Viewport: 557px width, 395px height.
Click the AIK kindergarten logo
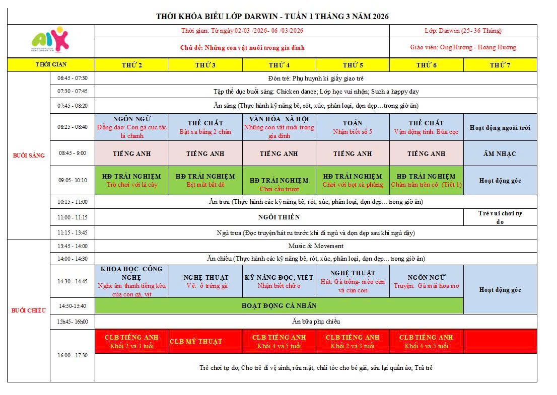[x=50, y=39]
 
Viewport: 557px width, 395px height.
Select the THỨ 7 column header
[x=500, y=65]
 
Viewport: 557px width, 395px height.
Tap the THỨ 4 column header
[x=279, y=65]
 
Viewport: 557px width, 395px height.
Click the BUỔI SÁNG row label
[x=29, y=155]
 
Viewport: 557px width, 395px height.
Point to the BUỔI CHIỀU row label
[x=29, y=310]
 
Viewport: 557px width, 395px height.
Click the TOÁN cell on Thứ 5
[x=353, y=127]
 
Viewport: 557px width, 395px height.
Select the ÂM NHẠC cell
[x=500, y=153]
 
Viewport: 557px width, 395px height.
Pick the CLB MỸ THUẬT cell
[x=196, y=341]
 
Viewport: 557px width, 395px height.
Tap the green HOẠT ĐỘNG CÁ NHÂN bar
[x=279, y=305]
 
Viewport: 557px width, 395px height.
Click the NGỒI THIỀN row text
[x=279, y=217]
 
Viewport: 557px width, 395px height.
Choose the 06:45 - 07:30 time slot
[x=73, y=78]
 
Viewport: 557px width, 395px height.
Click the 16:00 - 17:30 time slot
[x=73, y=355]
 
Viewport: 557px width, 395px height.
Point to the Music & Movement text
[x=316, y=246]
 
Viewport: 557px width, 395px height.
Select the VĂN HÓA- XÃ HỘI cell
[x=279, y=127]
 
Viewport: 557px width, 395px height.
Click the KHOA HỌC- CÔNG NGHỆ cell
[x=131, y=281]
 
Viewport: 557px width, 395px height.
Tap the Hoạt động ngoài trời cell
[x=500, y=128]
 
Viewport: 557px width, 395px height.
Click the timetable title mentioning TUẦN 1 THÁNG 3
[x=272, y=17]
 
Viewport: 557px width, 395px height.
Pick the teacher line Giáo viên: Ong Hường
[x=463, y=47]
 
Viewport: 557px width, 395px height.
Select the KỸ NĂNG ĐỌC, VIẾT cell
[x=279, y=281]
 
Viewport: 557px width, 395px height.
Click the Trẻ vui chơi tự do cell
[x=500, y=217]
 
